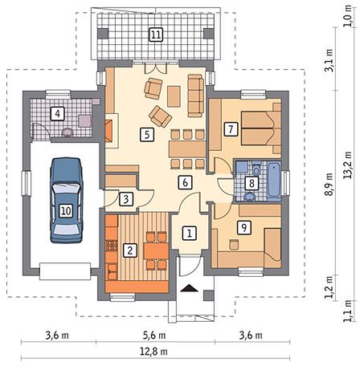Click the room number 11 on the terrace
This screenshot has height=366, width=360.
pyautogui.click(x=156, y=35)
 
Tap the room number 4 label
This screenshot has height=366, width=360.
pyautogui.click(x=58, y=114)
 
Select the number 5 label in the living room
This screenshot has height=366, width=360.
pyautogui.click(x=147, y=135)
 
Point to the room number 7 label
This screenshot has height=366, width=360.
pyautogui.click(x=230, y=129)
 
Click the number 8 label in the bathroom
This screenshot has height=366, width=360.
pyautogui.click(x=252, y=184)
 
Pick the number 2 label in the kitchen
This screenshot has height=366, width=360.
pyautogui.click(x=130, y=250)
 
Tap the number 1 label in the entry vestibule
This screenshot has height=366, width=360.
pyautogui.click(x=190, y=233)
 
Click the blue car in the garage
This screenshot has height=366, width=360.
pyautogui.click(x=67, y=201)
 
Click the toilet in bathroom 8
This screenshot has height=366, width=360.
pyautogui.click(x=256, y=169)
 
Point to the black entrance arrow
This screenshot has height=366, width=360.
pyautogui.click(x=190, y=288)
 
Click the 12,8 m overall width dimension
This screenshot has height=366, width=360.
pyautogui.click(x=154, y=352)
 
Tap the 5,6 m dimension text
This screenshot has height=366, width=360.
pyautogui.click(x=154, y=335)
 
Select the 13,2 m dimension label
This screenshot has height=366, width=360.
pyautogui.click(x=348, y=165)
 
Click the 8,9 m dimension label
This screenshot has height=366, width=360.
pyautogui.click(x=329, y=185)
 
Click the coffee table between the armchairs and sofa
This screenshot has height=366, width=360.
pyautogui.click(x=174, y=96)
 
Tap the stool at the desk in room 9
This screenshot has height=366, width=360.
pyautogui.click(x=235, y=245)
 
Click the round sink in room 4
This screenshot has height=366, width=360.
pyautogui.click(x=67, y=132)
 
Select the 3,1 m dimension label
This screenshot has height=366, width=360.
pyautogui.click(x=329, y=60)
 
